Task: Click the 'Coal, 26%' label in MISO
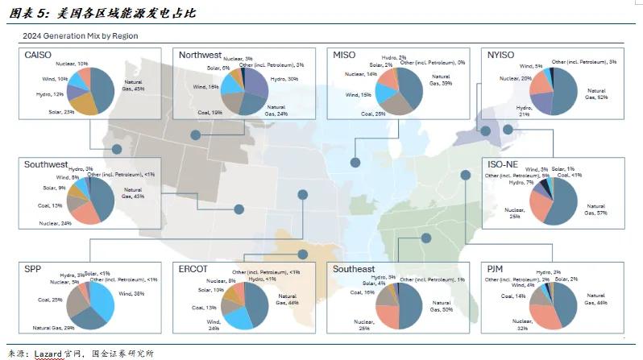(x=374, y=114)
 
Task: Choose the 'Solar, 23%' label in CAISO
(x=60, y=112)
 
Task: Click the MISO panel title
(x=349, y=55)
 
